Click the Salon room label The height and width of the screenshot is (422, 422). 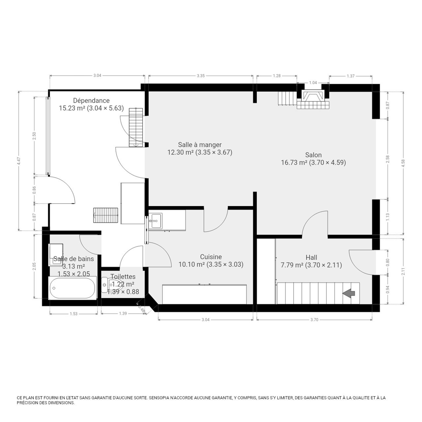click(x=313, y=155)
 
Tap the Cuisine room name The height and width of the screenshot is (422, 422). click(x=211, y=257)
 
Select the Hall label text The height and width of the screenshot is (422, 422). click(x=311, y=257)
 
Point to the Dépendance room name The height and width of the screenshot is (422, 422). click(x=91, y=100)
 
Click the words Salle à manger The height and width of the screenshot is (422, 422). click(x=200, y=145)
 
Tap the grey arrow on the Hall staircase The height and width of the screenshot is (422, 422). click(x=349, y=293)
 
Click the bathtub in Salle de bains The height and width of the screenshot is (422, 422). click(x=73, y=288)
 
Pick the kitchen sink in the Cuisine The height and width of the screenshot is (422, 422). click(x=156, y=221)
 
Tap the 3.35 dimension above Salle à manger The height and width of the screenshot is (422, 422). click(x=201, y=76)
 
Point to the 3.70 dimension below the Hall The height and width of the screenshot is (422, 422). click(x=314, y=320)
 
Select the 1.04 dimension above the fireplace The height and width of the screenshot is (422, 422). click(x=313, y=83)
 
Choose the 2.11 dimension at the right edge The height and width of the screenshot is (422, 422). click(x=403, y=271)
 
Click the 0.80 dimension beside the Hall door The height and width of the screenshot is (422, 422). click(x=387, y=262)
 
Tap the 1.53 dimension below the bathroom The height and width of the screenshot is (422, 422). click(x=74, y=314)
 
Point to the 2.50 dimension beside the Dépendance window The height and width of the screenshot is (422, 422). click(x=34, y=136)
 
